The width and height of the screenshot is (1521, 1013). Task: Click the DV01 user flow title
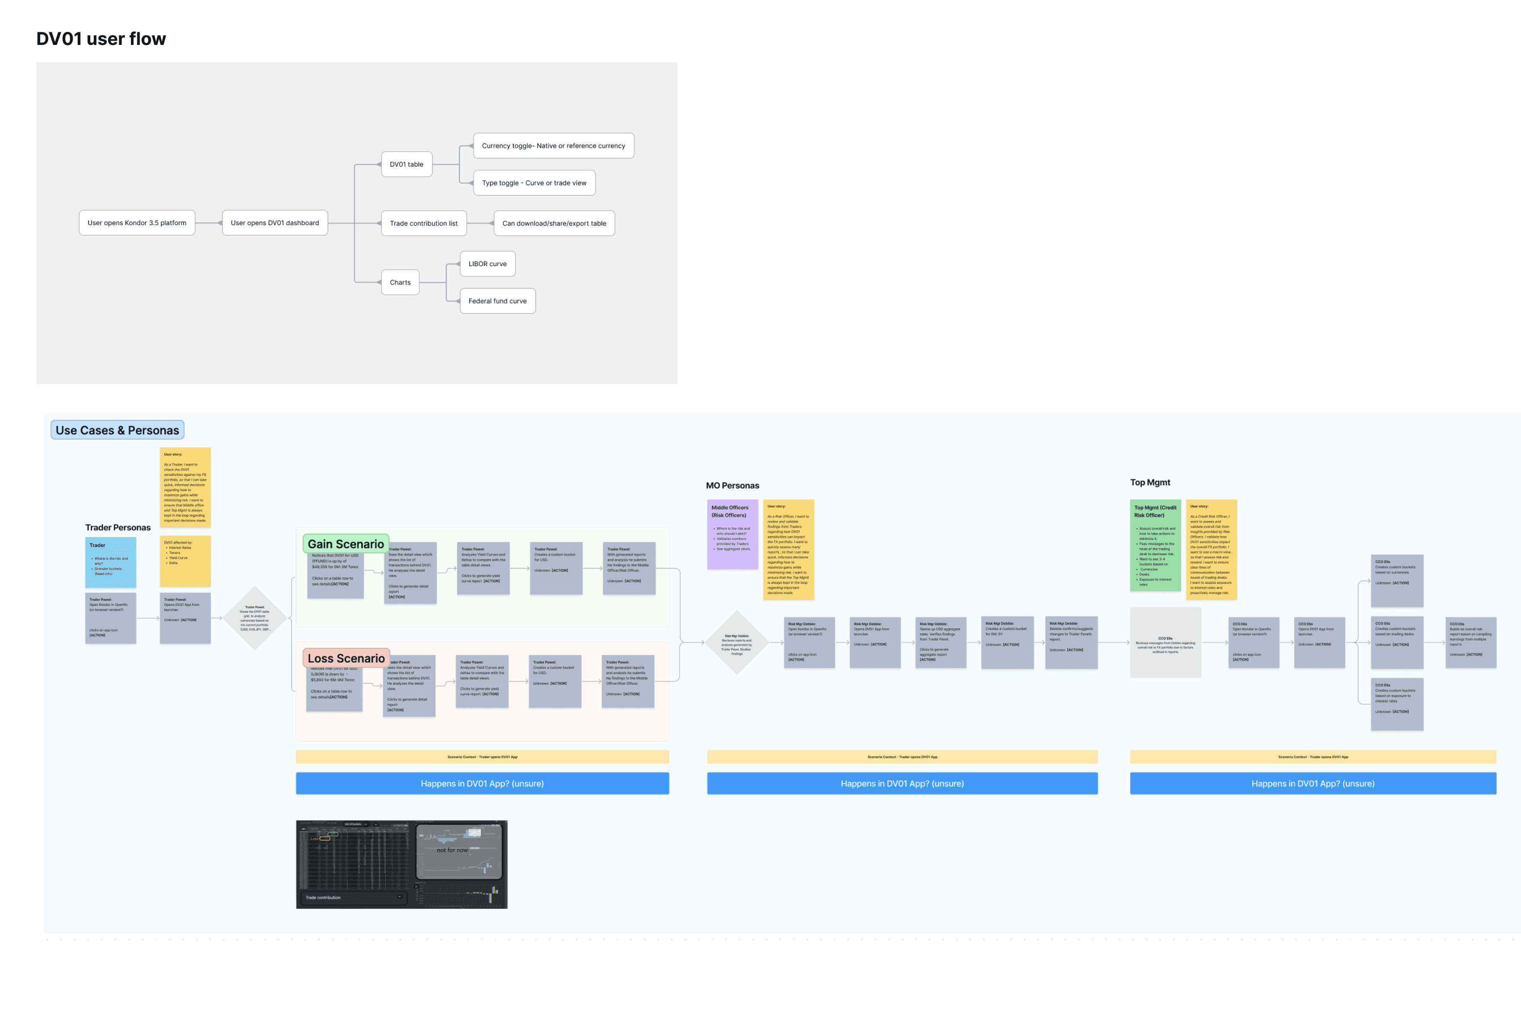pyautogui.click(x=101, y=39)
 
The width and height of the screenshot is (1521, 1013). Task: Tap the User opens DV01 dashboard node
pyautogui.click(x=274, y=223)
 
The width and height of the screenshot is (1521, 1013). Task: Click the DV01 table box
pyautogui.click(x=406, y=164)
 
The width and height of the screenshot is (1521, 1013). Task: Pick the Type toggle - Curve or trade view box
pyautogui.click(x=534, y=183)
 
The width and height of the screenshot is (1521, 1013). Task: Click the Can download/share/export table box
pyautogui.click(x=554, y=223)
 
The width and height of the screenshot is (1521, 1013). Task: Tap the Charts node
pyautogui.click(x=400, y=282)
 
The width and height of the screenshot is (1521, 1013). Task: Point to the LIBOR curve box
pyautogui.click(x=487, y=264)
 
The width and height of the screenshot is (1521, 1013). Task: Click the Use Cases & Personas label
pyautogui.click(x=117, y=430)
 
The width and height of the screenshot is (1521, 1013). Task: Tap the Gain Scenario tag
pyautogui.click(x=346, y=544)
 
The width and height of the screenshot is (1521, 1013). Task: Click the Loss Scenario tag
pyautogui.click(x=346, y=658)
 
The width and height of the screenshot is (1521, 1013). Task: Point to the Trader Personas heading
pyautogui.click(x=118, y=528)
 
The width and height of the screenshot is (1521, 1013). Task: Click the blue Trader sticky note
pyautogui.click(x=111, y=562)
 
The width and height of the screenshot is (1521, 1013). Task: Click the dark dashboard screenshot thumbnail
pyautogui.click(x=401, y=864)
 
